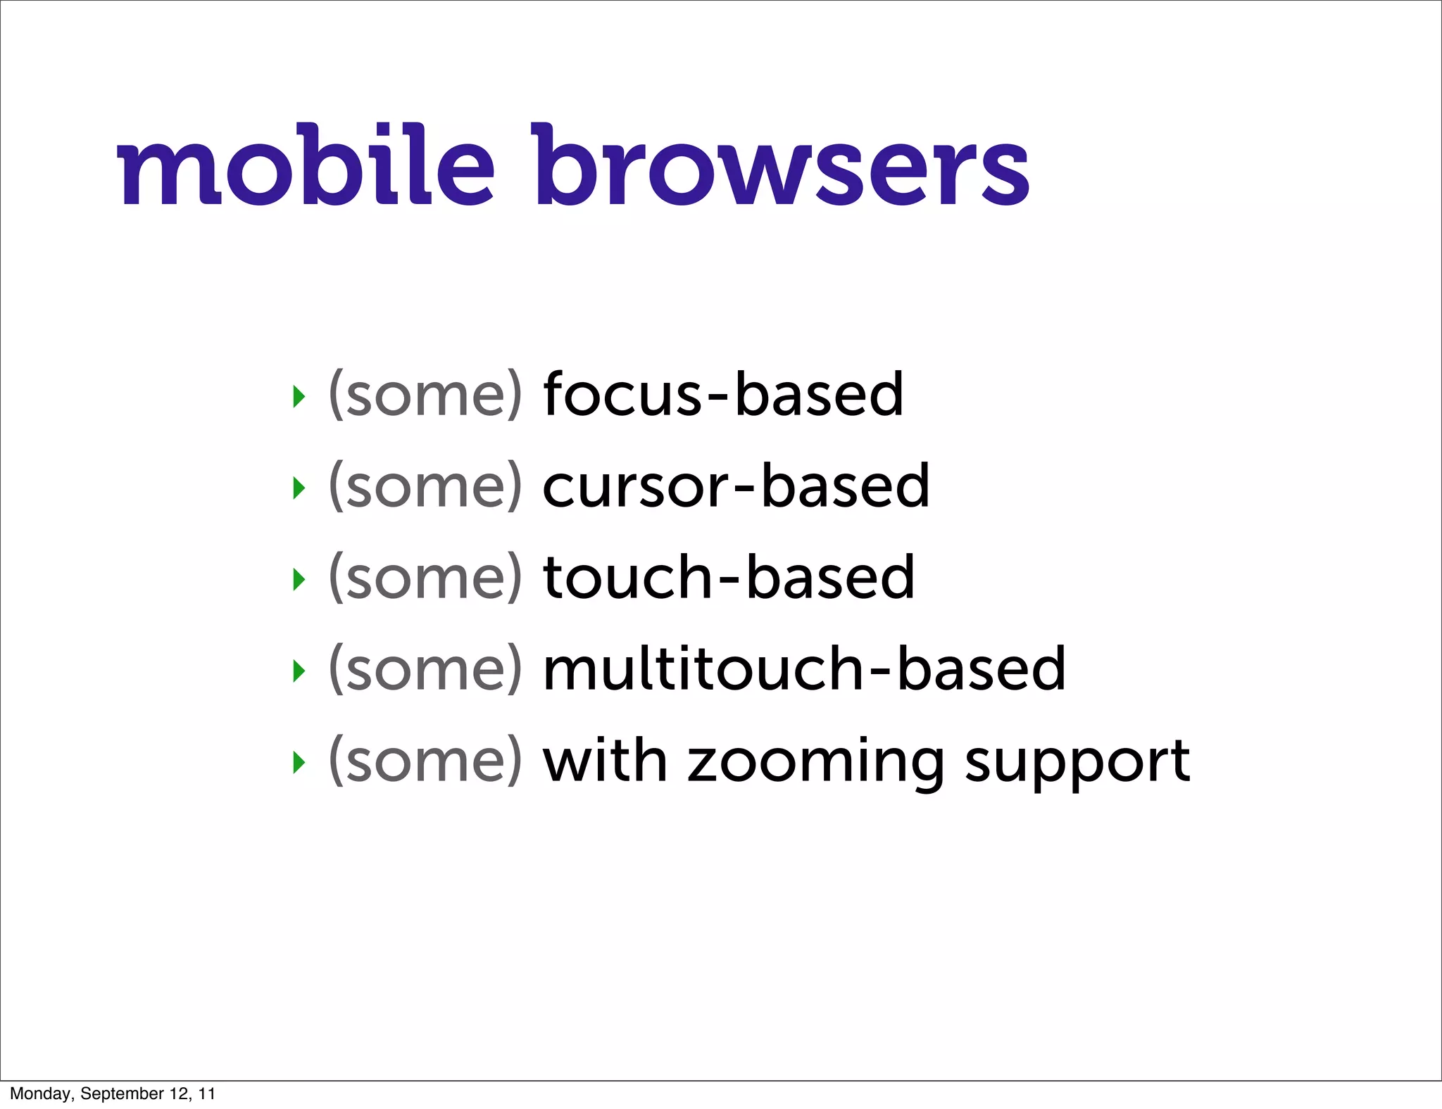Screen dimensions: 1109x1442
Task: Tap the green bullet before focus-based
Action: click(x=299, y=396)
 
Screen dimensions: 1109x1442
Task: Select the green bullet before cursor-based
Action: click(x=299, y=488)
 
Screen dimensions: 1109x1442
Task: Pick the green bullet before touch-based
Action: click(x=299, y=579)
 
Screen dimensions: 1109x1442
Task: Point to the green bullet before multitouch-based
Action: click(x=299, y=671)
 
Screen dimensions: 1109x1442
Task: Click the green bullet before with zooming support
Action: click(x=299, y=762)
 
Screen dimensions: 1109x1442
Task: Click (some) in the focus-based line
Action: click(x=426, y=395)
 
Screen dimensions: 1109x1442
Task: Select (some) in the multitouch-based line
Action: click(x=426, y=670)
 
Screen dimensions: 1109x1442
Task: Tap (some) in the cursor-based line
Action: click(x=426, y=487)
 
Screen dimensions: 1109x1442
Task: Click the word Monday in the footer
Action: click(x=41, y=1094)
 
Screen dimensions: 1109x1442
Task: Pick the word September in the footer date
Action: click(x=122, y=1094)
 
